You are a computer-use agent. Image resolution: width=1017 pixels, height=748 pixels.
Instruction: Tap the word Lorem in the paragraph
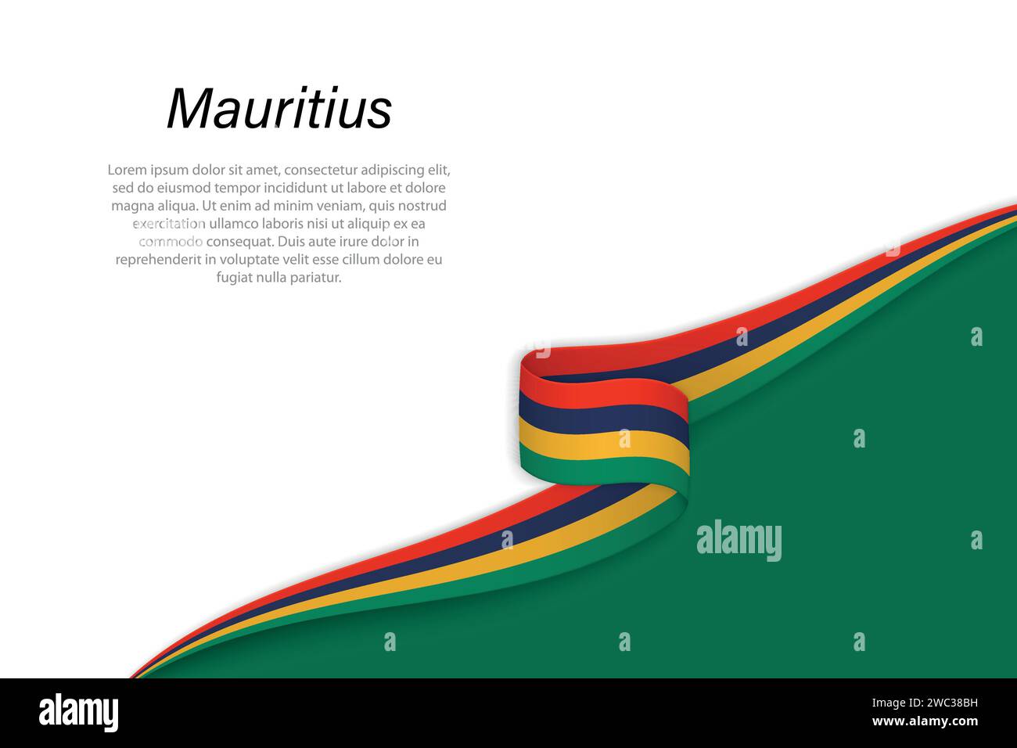click(x=127, y=170)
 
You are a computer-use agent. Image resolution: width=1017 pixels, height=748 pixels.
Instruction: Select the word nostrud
click(x=422, y=206)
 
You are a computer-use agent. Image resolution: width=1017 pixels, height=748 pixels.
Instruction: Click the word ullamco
click(x=235, y=224)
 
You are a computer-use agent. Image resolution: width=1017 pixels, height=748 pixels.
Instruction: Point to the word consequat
click(x=239, y=242)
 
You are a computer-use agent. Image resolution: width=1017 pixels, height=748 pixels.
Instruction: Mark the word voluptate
click(x=246, y=260)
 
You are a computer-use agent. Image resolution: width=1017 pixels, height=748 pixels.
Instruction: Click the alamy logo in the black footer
click(x=78, y=713)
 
